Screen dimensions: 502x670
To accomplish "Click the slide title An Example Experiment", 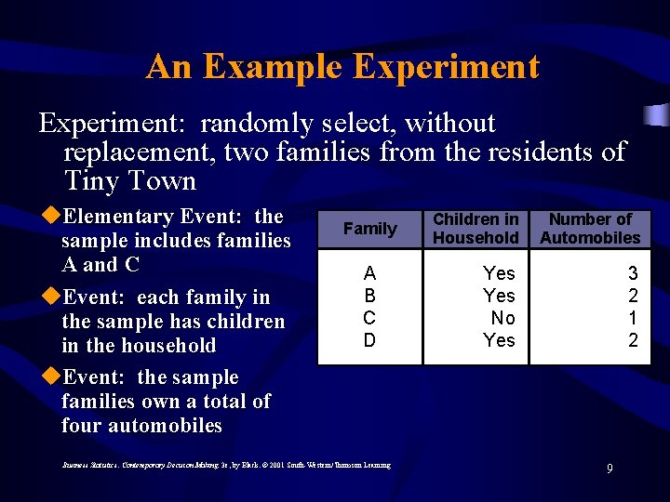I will [342, 67].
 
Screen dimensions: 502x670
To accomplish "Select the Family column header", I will [369, 229].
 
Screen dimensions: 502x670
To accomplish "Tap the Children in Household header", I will [476, 229].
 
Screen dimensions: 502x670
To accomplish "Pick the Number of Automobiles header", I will [590, 229].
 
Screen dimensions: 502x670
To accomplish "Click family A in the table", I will [369, 273].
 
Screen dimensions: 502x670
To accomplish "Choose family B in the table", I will [369, 296].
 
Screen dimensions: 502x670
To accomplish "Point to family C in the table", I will [369, 318].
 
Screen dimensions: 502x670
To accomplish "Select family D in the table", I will [369, 340].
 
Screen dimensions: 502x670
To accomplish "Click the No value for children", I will [502, 318].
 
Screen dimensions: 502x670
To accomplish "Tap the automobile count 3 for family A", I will [633, 273].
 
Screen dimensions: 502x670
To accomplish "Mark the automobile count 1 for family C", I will [633, 318].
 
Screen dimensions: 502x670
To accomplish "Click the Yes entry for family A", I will [499, 273].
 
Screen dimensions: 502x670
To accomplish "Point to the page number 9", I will [610, 469].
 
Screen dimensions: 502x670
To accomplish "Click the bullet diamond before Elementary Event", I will [51, 217].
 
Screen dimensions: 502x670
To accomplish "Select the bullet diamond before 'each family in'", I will [51, 297].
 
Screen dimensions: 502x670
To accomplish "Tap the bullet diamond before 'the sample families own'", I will [51, 377].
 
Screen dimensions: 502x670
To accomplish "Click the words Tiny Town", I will [130, 180].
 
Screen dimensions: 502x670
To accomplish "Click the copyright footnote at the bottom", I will [226, 464].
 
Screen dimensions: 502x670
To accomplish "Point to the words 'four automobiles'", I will [141, 426].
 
